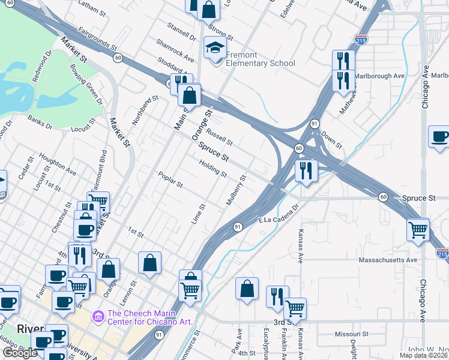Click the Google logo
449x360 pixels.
[x=20, y=352]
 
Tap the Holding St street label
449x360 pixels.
[x=213, y=170]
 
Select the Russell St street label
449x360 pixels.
[x=219, y=136]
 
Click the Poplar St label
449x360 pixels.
[x=170, y=180]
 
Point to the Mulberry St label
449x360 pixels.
[x=237, y=190]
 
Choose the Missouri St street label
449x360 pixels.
[x=351, y=334]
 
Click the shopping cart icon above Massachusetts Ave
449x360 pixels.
[x=418, y=229]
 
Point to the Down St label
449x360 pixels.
[x=331, y=142]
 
